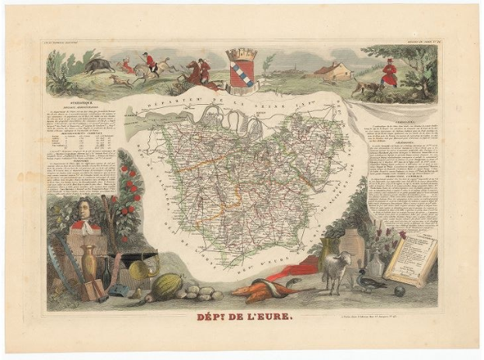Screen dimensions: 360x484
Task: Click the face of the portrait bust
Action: tap(84, 210)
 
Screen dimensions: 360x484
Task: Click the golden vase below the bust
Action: tap(90, 265)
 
